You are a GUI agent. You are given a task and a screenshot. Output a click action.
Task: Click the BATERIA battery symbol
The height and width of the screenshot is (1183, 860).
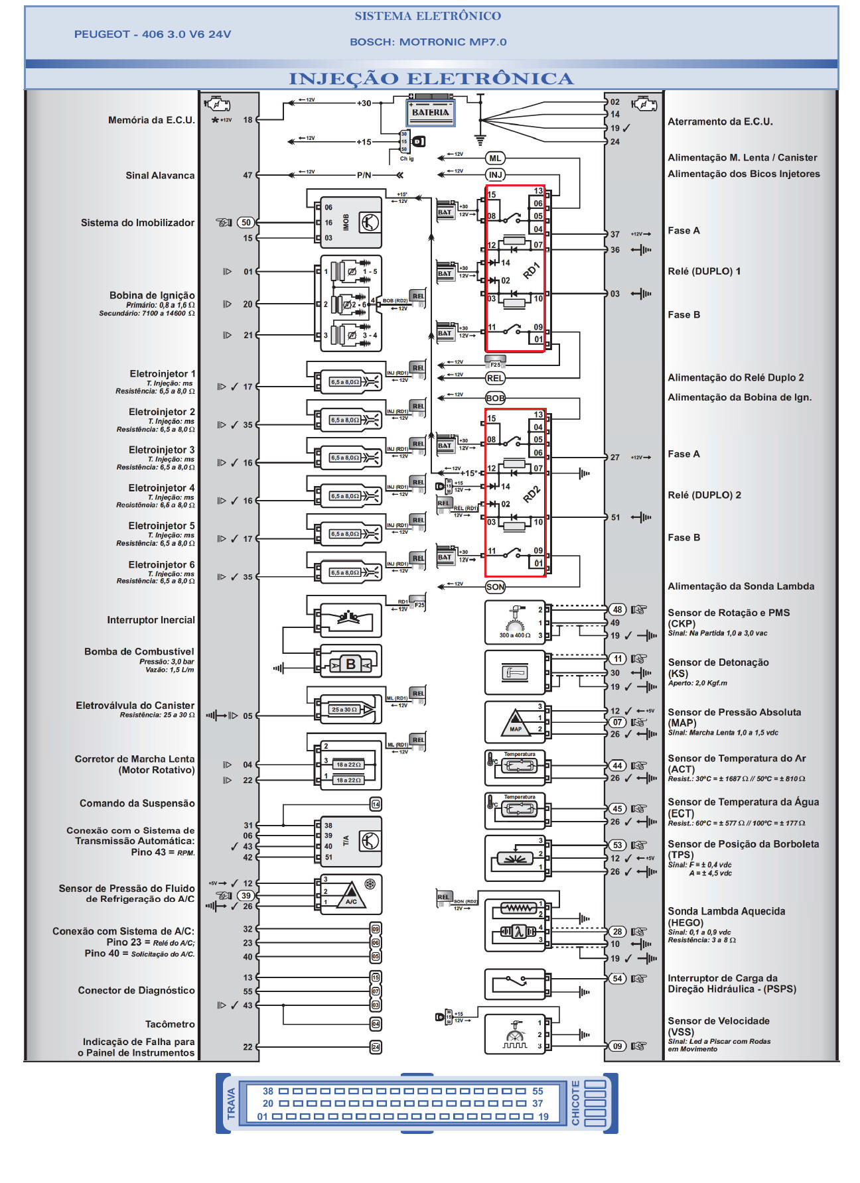pyautogui.click(x=430, y=112)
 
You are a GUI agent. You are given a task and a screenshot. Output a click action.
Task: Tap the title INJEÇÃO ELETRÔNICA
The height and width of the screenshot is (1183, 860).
pyautogui.click(x=431, y=79)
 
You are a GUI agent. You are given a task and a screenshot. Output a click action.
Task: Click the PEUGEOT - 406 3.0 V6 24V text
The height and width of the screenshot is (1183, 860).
pyautogui.click(x=153, y=34)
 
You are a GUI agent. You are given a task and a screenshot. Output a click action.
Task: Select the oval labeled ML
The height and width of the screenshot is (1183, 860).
pyautogui.click(x=495, y=158)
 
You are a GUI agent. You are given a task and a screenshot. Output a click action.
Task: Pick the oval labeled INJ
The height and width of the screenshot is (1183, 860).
pyautogui.click(x=495, y=174)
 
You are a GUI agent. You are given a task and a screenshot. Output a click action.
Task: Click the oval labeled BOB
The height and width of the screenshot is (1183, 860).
pyautogui.click(x=495, y=398)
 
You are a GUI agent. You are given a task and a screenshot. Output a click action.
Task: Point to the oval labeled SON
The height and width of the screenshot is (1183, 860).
pyautogui.click(x=495, y=586)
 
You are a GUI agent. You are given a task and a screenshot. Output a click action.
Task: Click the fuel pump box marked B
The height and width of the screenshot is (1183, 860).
pyautogui.click(x=350, y=664)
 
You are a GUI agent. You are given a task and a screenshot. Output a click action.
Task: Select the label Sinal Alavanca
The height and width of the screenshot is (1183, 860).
pyautogui.click(x=160, y=175)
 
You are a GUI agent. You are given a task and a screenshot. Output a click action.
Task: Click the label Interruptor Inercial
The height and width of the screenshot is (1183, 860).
pyautogui.click(x=151, y=620)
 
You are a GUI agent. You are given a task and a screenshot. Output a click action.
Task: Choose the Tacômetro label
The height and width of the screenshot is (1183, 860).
pyautogui.click(x=170, y=1024)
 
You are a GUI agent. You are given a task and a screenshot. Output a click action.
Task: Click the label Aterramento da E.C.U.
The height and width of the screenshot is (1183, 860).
pyautogui.click(x=720, y=121)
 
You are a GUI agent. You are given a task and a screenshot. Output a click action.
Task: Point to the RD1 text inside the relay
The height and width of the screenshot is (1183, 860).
pyautogui.click(x=532, y=270)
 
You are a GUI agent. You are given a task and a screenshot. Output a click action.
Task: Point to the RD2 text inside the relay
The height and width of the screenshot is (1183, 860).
pyautogui.click(x=532, y=494)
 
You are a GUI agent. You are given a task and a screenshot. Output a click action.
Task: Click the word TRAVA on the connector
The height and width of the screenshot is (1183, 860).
pyautogui.click(x=231, y=1103)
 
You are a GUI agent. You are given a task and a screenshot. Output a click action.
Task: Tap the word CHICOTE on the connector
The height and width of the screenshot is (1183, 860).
pyautogui.click(x=575, y=1103)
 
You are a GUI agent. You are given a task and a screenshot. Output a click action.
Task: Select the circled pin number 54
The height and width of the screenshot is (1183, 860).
pyautogui.click(x=617, y=978)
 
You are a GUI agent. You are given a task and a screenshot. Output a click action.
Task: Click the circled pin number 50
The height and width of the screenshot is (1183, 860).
pyautogui.click(x=246, y=223)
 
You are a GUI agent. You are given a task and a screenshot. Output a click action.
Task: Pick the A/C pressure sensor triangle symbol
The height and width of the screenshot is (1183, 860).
pyautogui.click(x=351, y=896)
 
